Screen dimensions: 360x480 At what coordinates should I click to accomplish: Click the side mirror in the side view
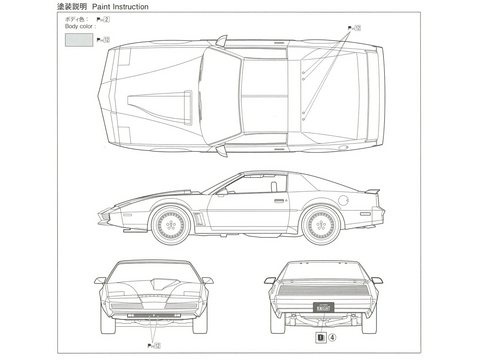point(221,188)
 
